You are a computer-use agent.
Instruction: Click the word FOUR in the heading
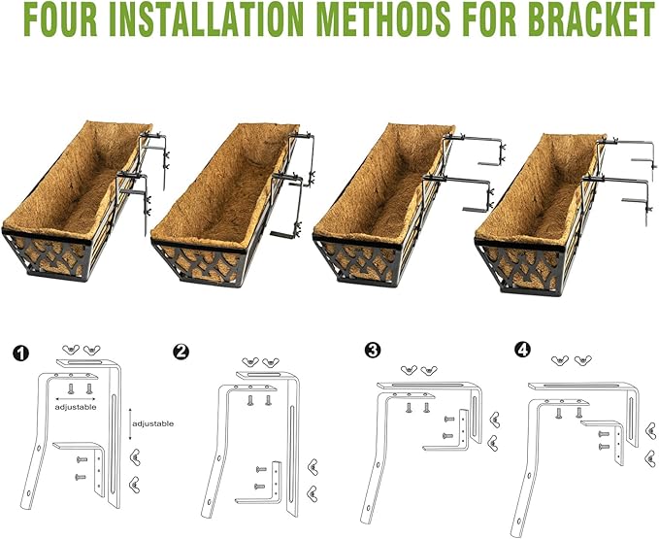(x=57, y=18)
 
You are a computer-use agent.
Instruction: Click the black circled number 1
(x=19, y=351)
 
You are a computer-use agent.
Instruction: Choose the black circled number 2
(x=181, y=351)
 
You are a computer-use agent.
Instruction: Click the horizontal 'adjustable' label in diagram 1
(x=77, y=408)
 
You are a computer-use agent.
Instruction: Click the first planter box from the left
(x=73, y=209)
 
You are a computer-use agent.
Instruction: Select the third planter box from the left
(x=383, y=209)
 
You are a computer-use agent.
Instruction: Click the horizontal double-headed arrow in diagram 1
(x=77, y=398)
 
